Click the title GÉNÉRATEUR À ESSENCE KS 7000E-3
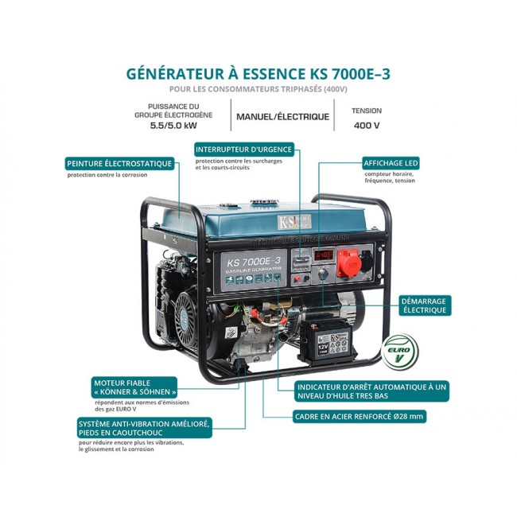[x=258, y=73]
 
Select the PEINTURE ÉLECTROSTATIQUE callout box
[x=120, y=163]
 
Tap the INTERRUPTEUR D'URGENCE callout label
[x=244, y=149]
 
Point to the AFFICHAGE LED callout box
[x=390, y=162]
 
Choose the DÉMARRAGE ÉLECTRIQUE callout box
[x=425, y=306]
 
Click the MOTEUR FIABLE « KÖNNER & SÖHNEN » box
[x=134, y=387]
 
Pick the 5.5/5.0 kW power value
[x=173, y=126]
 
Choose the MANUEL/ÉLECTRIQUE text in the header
[x=282, y=116]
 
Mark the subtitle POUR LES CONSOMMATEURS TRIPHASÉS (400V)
[x=258, y=89]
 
